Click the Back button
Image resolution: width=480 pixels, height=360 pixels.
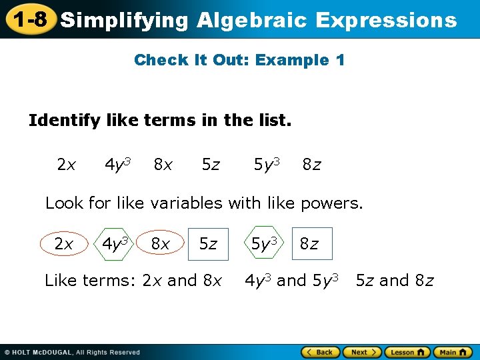click(320, 352)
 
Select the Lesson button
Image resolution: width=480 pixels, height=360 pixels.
click(407, 352)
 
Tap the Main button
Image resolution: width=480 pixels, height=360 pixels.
click(452, 352)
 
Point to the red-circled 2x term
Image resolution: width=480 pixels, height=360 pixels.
click(63, 244)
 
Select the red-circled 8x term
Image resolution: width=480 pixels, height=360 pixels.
click(160, 244)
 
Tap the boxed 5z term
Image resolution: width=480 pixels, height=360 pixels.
click(208, 244)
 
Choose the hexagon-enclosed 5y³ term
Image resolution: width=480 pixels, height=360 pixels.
click(264, 243)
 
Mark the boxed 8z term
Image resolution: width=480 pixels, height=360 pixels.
click(309, 244)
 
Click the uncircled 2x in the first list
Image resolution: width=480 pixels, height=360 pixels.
click(66, 164)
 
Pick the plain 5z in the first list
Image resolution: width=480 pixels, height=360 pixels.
click(211, 164)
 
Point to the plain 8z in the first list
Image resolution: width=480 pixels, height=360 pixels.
click(311, 164)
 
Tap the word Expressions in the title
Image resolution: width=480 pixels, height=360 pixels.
click(386, 20)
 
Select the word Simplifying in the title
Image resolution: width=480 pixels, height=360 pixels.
click(125, 20)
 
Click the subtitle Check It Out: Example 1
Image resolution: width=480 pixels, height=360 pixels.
click(239, 60)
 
